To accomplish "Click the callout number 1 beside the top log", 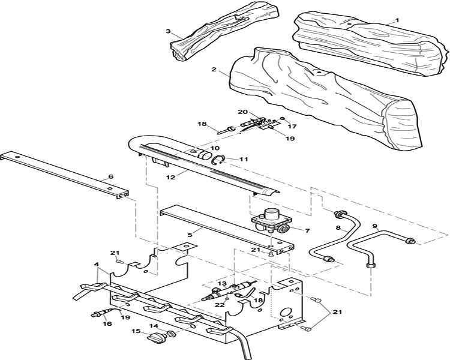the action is tap(397, 20).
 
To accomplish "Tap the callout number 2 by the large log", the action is tap(214, 70).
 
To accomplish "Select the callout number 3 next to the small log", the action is tap(168, 31).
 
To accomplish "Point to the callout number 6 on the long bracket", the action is tap(111, 176).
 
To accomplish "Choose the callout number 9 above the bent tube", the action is tap(374, 218).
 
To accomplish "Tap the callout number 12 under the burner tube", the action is tap(170, 177).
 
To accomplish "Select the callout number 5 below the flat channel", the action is tap(190, 234).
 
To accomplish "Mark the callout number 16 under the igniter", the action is tap(108, 323).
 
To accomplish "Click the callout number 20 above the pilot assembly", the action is tap(242, 112).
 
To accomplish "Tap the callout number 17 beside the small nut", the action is tap(292, 127).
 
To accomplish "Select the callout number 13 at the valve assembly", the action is tap(222, 284).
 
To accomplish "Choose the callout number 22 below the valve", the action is tap(220, 305).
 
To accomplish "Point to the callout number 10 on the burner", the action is tap(215, 148).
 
